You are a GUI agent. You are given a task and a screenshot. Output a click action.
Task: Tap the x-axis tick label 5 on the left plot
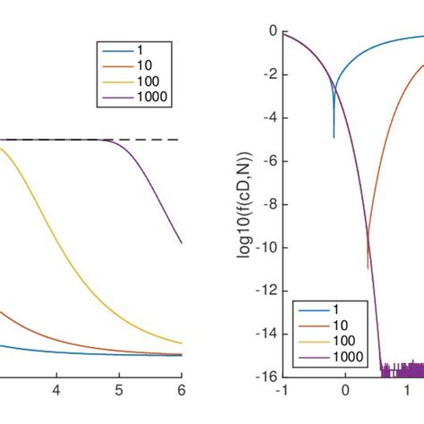coord(118,391)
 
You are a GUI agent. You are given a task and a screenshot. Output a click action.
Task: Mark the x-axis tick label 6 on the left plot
coord(181,391)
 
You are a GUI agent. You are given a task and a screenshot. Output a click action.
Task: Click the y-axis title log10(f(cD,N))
coord(245,204)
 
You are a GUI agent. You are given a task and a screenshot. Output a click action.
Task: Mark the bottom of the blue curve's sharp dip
coord(334,137)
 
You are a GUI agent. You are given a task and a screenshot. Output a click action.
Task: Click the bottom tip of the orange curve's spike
coord(368,267)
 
